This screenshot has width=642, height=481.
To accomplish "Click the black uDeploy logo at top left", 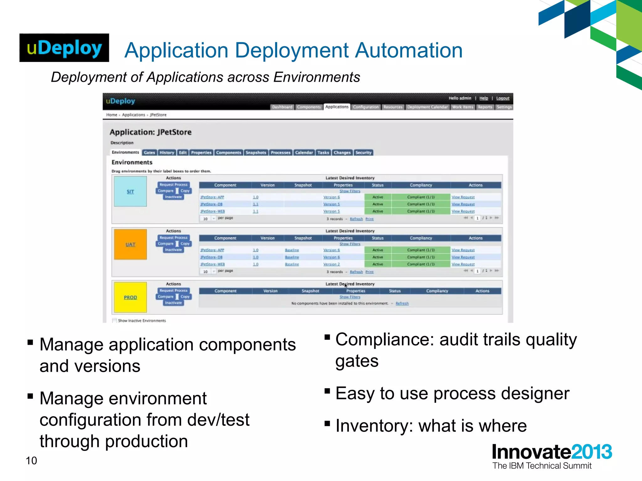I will click(64, 48).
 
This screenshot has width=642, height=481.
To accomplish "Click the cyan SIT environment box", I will click(130, 191).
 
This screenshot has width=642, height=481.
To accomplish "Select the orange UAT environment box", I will click(130, 244).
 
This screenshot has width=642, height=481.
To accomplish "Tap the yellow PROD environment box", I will click(130, 297).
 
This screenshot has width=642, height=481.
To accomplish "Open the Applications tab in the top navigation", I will click(337, 107).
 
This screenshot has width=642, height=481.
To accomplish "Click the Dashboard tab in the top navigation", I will click(282, 107).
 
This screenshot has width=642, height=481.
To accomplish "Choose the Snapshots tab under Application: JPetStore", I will click(256, 153).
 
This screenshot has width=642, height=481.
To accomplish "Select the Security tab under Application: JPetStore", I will click(363, 153).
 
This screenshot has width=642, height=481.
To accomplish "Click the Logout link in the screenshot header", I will click(503, 98).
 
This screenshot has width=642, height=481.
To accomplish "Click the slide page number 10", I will click(31, 461).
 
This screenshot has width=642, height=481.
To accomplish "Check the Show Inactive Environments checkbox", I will click(114, 320).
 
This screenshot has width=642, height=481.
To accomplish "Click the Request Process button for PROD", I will click(173, 291).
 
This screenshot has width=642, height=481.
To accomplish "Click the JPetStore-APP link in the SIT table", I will click(212, 197).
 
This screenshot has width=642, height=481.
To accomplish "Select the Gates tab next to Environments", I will click(150, 153).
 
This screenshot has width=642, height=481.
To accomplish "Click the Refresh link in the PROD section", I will click(402, 303).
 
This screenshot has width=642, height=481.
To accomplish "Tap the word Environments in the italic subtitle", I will click(317, 77).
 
